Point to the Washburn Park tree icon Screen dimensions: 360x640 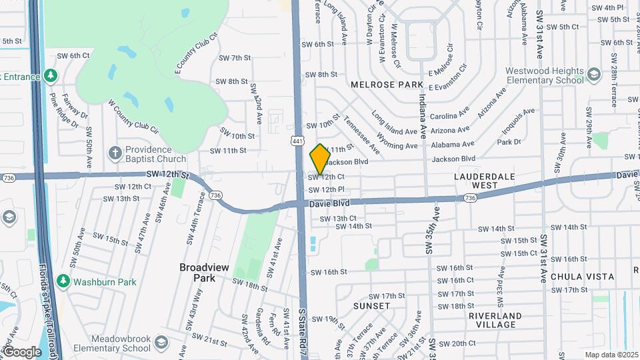[63, 281]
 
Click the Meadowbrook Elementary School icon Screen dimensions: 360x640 [160, 343]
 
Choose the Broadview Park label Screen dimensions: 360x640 [204, 272]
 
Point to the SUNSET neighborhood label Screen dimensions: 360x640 [372, 306]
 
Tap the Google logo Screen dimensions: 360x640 [22, 351]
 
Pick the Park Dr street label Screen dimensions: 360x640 [509, 142]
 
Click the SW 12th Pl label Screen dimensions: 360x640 [326, 189]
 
